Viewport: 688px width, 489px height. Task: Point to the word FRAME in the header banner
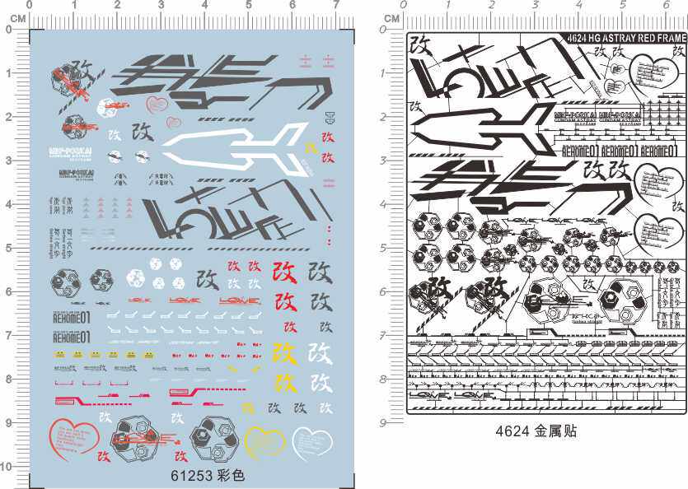point(669,37)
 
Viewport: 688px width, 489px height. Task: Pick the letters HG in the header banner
point(592,37)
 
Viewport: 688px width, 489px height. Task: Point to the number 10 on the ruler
point(6,467)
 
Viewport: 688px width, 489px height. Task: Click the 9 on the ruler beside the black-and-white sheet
point(384,422)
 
